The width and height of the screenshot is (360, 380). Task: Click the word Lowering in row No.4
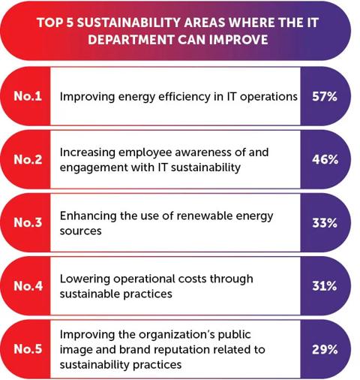(x=82, y=279)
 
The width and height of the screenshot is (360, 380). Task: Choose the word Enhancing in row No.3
(x=88, y=216)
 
